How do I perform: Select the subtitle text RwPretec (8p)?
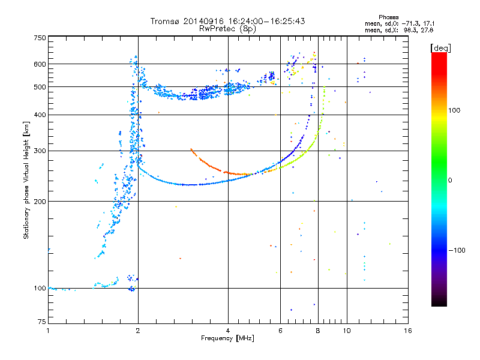227,29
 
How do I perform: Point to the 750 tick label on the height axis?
40,38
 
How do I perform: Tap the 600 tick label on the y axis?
40,64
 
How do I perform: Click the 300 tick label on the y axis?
40,151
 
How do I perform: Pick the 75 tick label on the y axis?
42,322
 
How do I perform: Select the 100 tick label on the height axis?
40,289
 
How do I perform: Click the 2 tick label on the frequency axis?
138,331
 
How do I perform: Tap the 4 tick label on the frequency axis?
228,331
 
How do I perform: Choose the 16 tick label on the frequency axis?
408,331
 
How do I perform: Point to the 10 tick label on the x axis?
347,331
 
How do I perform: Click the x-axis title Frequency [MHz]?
227,338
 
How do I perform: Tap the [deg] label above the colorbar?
440,49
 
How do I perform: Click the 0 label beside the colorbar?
450,181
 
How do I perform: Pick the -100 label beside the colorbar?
457,250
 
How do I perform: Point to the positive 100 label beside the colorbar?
454,110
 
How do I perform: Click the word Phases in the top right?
388,17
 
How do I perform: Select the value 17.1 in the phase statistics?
428,23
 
